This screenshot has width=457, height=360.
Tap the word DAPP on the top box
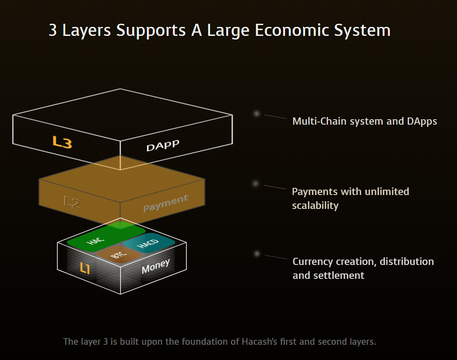click(x=163, y=145)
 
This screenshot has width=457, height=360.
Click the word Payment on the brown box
click(x=166, y=203)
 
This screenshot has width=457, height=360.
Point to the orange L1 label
click(x=85, y=268)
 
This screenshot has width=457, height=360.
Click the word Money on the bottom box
click(x=155, y=266)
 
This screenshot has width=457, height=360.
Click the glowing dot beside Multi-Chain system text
click(x=257, y=114)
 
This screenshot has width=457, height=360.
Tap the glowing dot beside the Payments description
click(x=256, y=184)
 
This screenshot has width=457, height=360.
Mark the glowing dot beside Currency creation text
click(x=257, y=254)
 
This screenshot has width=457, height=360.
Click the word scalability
click(x=315, y=206)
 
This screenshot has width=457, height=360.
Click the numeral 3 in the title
click(x=53, y=30)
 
